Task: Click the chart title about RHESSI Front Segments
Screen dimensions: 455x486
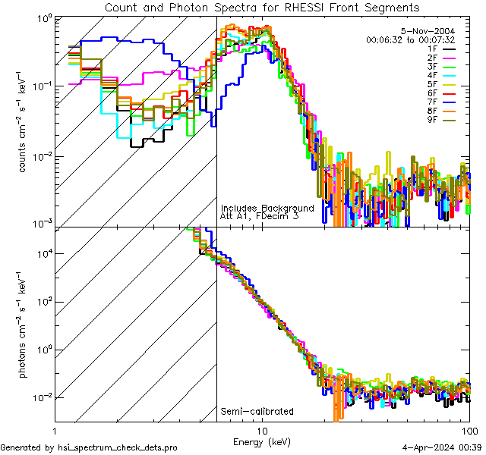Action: point(261,7)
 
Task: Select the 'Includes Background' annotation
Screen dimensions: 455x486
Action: point(267,208)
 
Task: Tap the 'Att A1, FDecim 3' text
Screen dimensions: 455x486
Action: point(259,216)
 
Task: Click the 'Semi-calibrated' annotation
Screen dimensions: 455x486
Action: point(257,412)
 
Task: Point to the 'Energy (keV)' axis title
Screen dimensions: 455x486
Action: point(261,441)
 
